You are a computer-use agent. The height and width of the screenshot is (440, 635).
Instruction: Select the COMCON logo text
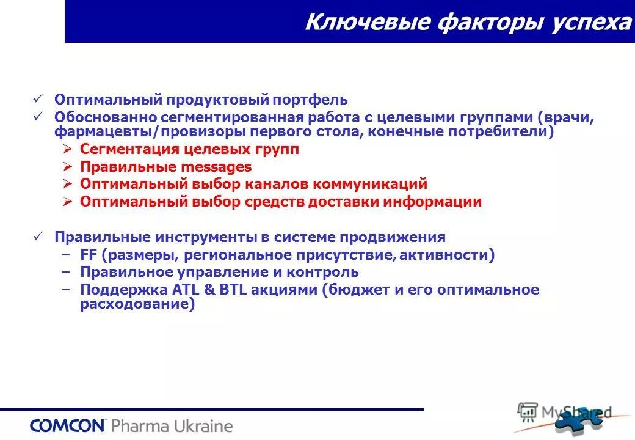(68, 425)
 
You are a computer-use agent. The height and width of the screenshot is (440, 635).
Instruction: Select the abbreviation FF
(88, 255)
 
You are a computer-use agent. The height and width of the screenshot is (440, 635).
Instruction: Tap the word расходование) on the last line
(137, 304)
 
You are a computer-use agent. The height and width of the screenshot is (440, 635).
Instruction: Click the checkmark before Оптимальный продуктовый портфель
(38, 99)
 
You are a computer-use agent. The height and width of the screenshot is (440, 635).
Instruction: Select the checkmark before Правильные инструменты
(38, 237)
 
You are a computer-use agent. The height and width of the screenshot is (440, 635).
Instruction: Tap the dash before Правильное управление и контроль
(66, 273)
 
